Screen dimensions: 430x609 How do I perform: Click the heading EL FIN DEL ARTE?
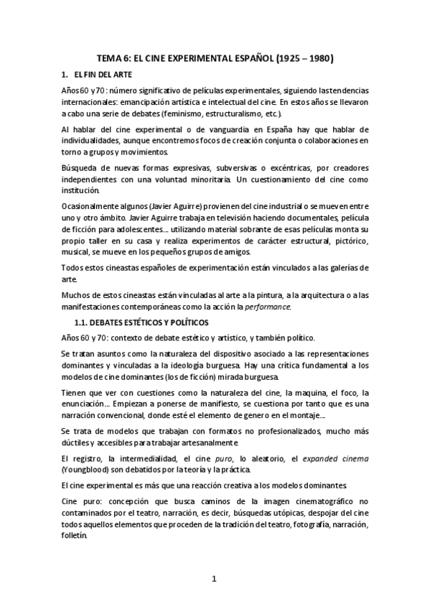pyautogui.click(x=106, y=74)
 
